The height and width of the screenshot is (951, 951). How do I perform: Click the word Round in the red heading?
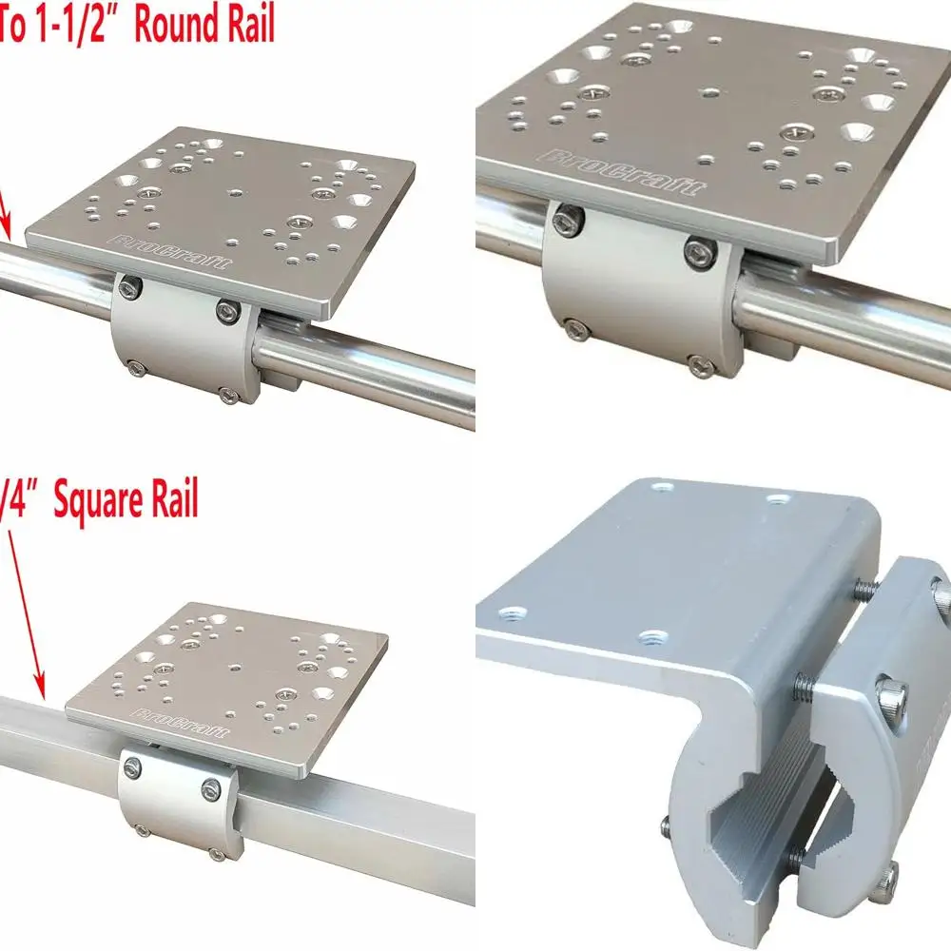coord(172,25)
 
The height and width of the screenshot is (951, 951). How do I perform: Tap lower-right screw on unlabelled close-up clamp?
coord(701,363)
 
